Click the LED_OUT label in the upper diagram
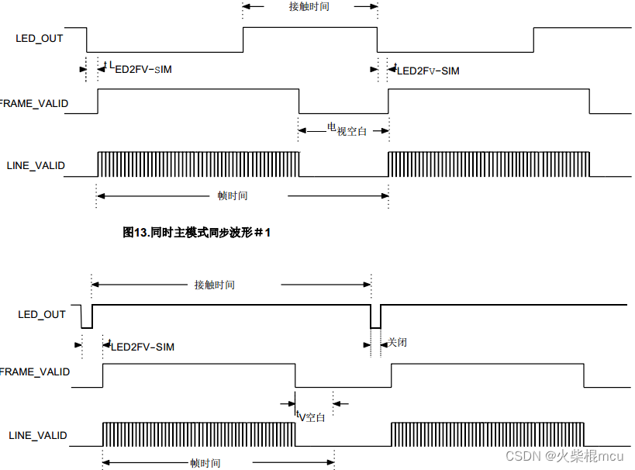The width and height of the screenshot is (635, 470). [x=40, y=37]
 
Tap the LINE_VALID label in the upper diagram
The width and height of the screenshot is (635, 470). [x=36, y=165]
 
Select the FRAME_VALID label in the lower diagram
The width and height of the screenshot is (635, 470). [x=35, y=372]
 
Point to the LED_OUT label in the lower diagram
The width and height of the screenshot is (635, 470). [x=42, y=314]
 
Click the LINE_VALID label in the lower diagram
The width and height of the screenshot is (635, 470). [x=38, y=435]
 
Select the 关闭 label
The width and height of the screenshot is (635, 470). [x=397, y=342]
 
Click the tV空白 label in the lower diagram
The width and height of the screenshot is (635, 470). [x=310, y=416]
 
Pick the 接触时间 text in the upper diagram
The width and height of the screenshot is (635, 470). [x=310, y=5]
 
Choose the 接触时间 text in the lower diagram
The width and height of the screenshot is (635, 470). [x=214, y=285]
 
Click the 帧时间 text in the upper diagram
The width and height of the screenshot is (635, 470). [x=232, y=195]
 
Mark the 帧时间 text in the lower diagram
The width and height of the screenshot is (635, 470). [x=205, y=463]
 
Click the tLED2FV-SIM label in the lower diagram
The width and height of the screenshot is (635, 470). [x=141, y=346]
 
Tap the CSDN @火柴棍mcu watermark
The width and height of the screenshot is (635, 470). [x=564, y=455]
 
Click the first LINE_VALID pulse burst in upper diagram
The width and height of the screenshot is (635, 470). [x=198, y=164]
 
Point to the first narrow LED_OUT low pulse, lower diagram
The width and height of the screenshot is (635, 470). [x=86, y=316]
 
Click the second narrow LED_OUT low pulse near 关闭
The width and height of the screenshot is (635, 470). [x=375, y=316]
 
